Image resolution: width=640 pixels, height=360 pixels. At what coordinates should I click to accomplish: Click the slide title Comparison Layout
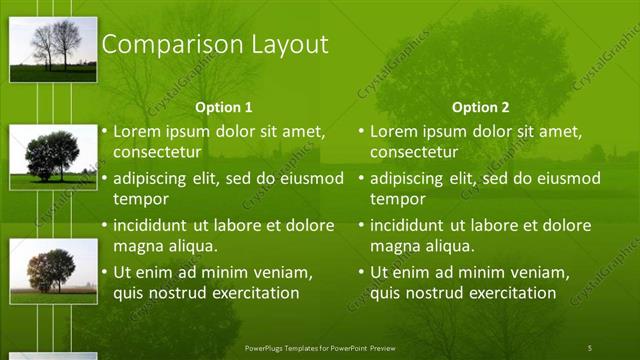[x=215, y=45]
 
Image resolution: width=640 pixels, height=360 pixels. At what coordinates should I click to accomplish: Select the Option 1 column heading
[x=223, y=107]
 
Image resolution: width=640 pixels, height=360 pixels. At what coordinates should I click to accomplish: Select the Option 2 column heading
[x=480, y=107]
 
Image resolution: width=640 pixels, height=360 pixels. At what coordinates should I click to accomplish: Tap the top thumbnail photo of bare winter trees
[x=53, y=49]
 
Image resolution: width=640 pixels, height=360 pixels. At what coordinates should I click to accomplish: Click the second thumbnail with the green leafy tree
[x=53, y=157]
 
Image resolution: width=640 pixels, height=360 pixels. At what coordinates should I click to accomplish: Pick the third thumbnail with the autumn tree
[x=53, y=271]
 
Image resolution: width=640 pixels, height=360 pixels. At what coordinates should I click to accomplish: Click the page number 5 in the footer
[x=589, y=347]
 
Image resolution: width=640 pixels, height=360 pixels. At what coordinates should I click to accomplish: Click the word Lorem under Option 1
[x=136, y=131]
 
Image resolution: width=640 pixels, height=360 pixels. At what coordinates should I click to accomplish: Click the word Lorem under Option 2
[x=393, y=131]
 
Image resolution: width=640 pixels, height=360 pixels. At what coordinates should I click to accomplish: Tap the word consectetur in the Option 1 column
[x=157, y=153]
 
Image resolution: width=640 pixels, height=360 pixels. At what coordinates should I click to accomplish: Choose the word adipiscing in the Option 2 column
[x=408, y=178]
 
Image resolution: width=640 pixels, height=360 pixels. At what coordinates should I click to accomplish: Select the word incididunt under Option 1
[x=151, y=225]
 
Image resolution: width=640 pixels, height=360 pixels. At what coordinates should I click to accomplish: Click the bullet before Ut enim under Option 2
[x=362, y=272]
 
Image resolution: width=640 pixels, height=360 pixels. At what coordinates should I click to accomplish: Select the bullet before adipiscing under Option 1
[x=105, y=178]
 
